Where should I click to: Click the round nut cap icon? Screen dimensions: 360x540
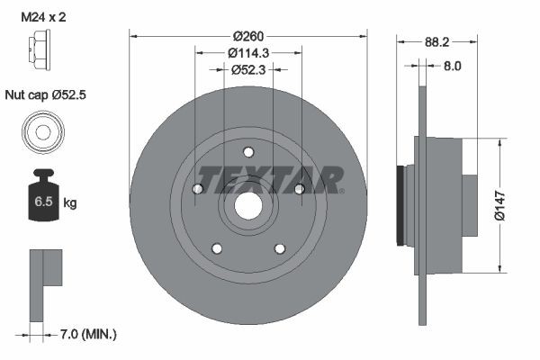[42, 133]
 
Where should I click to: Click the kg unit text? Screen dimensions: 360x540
[70, 203]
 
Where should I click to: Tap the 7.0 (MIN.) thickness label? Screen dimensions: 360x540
[86, 334]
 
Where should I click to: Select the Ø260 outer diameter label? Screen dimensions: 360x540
[247, 36]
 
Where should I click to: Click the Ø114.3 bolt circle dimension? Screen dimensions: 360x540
[247, 53]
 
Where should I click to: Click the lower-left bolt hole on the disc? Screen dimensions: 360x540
[216, 249]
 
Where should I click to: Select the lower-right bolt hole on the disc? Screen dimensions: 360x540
[280, 249]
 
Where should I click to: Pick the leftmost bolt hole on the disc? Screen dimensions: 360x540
[197, 188]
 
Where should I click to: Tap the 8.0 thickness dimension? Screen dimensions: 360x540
[453, 66]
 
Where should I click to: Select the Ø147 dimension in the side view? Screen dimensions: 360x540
[510, 205]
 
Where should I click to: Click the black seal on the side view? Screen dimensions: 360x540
[400, 205]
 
